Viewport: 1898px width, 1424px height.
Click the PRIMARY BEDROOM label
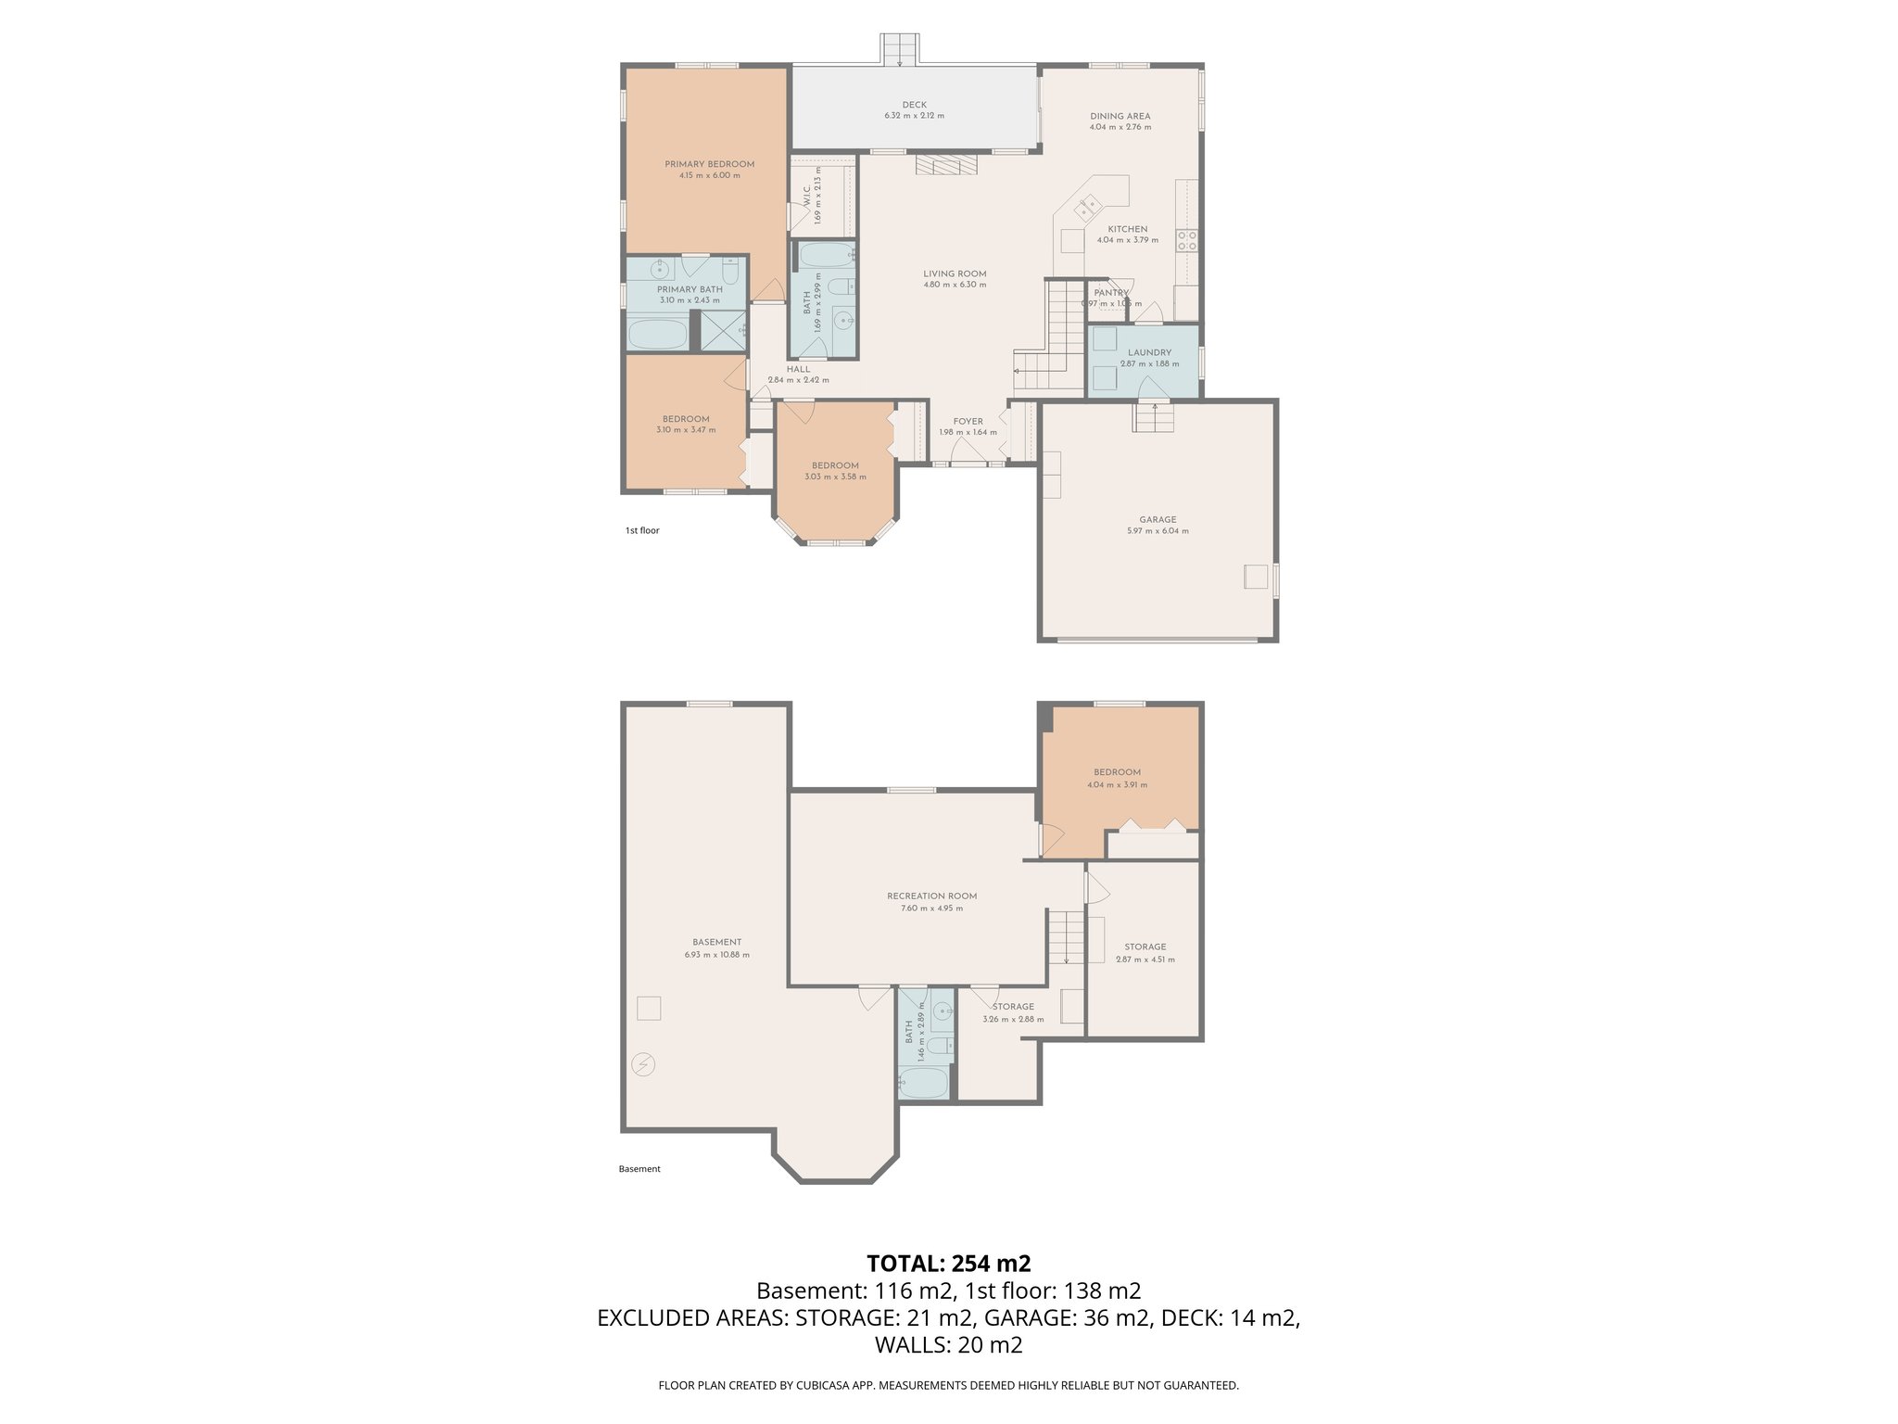(709, 164)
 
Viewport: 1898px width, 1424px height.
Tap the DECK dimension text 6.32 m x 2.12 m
(914, 116)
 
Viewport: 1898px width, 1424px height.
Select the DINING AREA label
(1120, 116)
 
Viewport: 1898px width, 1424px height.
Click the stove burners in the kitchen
(1186, 241)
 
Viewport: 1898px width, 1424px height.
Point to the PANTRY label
(1110, 293)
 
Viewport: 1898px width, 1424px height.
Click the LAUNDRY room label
(1149, 352)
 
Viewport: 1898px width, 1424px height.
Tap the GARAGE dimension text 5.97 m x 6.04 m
(1158, 531)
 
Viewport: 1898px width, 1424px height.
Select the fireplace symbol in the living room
(946, 165)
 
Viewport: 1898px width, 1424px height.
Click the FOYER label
(968, 421)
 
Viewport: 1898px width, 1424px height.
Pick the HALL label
(798, 369)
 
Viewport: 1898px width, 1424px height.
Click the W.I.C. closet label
(807, 197)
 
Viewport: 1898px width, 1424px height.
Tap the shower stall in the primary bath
(723, 330)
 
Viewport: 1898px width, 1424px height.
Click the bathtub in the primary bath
(657, 334)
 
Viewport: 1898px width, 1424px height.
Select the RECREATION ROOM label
(931, 896)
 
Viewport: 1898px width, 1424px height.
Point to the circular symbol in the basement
(642, 1064)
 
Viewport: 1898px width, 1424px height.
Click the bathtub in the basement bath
(923, 1082)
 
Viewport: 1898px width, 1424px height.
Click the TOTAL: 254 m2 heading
(948, 1263)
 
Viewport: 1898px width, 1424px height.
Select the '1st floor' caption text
(642, 531)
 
